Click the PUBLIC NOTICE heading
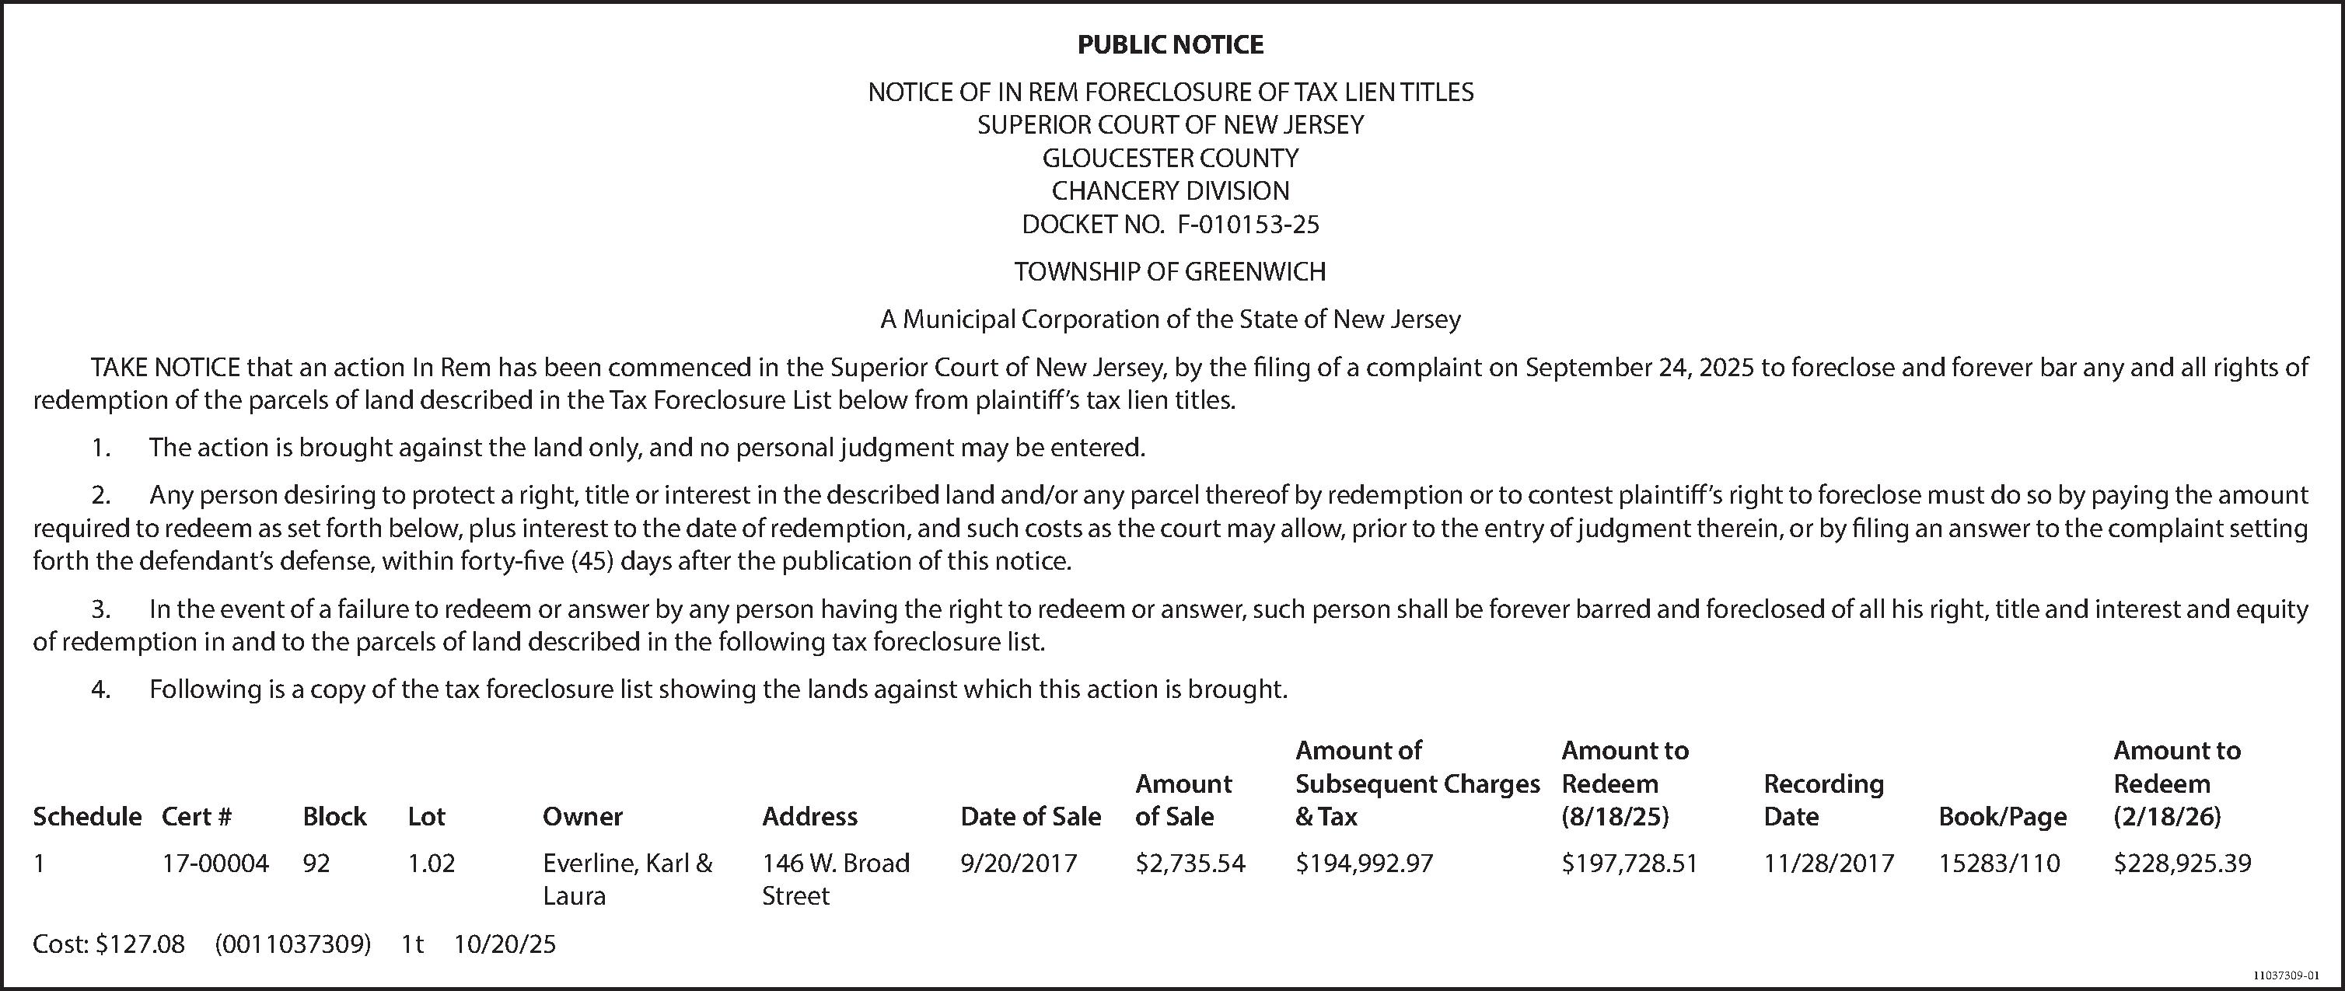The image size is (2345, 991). [x=1171, y=44]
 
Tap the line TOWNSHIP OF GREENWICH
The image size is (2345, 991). [x=1171, y=271]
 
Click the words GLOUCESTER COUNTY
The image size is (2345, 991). [x=1171, y=158]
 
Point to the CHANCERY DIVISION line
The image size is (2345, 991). [x=1171, y=191]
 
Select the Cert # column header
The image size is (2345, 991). [x=197, y=816]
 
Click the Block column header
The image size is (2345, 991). [x=334, y=816]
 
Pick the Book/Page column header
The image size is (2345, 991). [x=2003, y=816]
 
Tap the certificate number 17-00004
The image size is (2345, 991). [x=215, y=863]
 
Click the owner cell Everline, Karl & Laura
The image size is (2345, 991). [x=627, y=879]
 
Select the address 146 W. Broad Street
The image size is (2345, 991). [x=836, y=879]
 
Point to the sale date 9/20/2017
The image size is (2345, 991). [x=1019, y=863]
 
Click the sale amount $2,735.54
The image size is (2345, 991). [x=1190, y=863]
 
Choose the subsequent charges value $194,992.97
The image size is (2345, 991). [x=1365, y=863]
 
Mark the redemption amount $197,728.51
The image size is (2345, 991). [x=1630, y=863]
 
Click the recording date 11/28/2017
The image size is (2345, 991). [x=1829, y=863]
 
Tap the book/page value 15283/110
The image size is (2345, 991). [x=1999, y=863]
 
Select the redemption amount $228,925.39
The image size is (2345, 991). [x=2182, y=863]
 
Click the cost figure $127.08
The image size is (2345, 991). [x=140, y=944]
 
